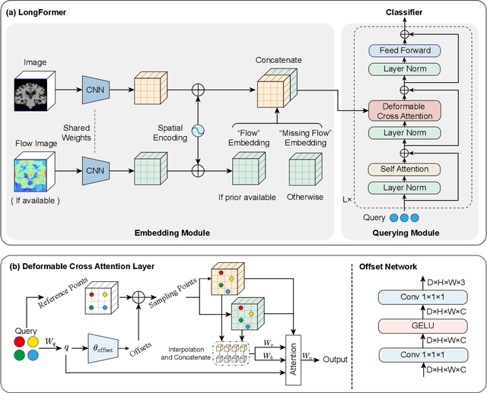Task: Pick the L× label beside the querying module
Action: (x=348, y=200)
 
